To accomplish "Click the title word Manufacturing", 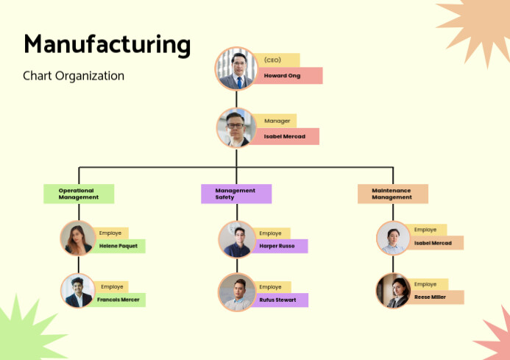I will tap(107, 44).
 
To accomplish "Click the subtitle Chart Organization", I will tap(74, 76).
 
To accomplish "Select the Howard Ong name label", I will tap(288, 76).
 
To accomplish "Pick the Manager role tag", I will tap(276, 121).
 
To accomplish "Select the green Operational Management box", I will tap(79, 194).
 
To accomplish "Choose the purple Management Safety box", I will tap(236, 194).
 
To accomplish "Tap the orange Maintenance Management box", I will tap(393, 194).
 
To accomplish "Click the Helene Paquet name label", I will tap(118, 247).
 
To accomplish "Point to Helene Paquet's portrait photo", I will tap(79, 239).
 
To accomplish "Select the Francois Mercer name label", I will tap(118, 300).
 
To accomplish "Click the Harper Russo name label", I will tap(280, 246).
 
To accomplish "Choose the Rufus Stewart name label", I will tap(280, 300).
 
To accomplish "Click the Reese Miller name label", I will tap(435, 297).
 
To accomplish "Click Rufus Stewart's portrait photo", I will tap(237, 292).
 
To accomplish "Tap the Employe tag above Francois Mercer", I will tap(112, 286).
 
